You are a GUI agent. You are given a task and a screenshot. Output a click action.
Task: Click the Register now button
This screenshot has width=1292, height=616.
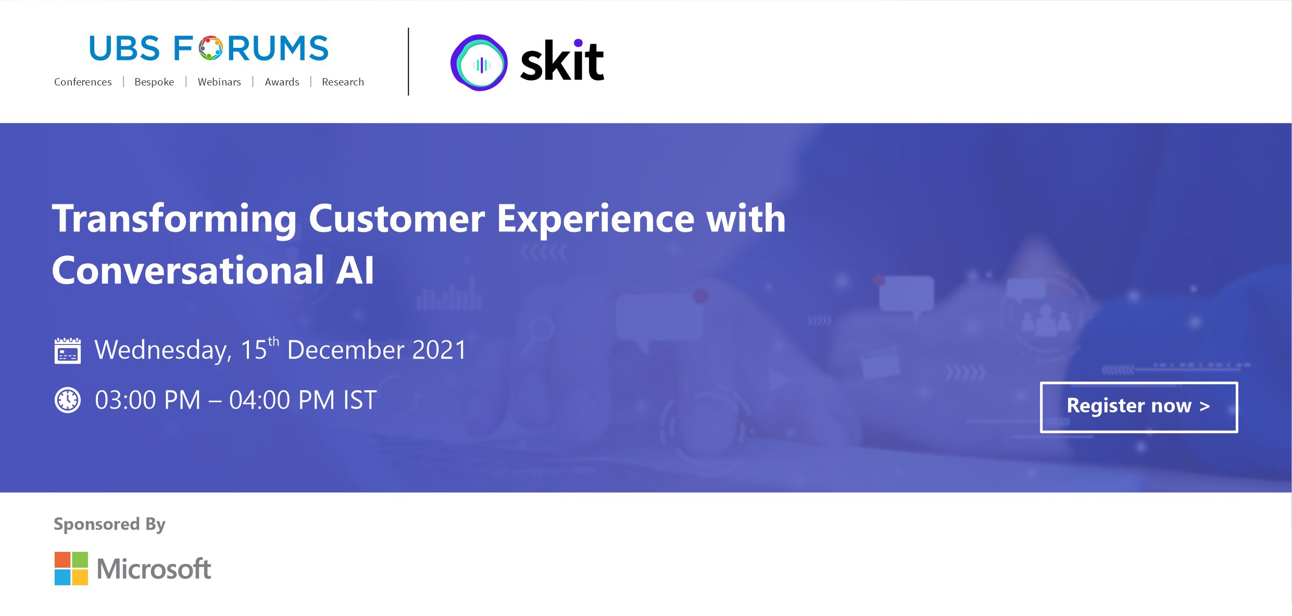(x=1139, y=407)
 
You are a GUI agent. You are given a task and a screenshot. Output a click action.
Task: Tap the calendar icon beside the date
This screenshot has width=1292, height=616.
(x=68, y=350)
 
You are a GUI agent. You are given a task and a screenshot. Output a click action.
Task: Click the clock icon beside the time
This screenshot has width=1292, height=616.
(x=68, y=400)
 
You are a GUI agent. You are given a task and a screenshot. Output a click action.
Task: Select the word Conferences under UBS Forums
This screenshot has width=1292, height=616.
(x=83, y=82)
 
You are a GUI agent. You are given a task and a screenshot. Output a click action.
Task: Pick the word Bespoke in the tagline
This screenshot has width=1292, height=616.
(x=154, y=82)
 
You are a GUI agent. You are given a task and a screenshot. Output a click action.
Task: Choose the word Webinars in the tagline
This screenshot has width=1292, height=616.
(x=219, y=82)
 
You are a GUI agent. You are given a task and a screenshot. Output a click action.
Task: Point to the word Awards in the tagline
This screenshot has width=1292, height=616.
(x=282, y=82)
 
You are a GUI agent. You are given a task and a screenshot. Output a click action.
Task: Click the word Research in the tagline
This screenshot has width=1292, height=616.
(x=343, y=82)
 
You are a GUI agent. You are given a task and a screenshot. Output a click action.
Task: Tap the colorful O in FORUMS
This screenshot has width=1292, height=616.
(x=210, y=48)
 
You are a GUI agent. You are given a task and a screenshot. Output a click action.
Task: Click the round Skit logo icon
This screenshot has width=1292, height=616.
(x=479, y=63)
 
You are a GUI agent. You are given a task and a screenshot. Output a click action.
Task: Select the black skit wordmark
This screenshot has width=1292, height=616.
(x=562, y=61)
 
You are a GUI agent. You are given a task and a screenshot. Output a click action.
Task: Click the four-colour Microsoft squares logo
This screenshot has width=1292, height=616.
(x=71, y=569)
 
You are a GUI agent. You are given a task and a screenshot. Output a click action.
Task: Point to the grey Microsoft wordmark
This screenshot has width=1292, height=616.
(x=154, y=569)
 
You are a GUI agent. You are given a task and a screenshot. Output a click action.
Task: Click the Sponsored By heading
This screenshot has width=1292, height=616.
(x=109, y=524)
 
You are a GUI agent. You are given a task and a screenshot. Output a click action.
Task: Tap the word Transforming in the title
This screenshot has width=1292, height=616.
(x=174, y=219)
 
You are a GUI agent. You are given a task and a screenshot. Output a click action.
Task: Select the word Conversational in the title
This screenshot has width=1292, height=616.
(x=188, y=270)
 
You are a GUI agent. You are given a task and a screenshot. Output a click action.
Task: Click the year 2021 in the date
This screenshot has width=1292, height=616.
(x=439, y=349)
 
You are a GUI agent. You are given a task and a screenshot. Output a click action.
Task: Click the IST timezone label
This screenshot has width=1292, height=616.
(x=360, y=400)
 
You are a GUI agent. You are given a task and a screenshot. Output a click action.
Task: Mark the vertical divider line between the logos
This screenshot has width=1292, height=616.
(x=408, y=61)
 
